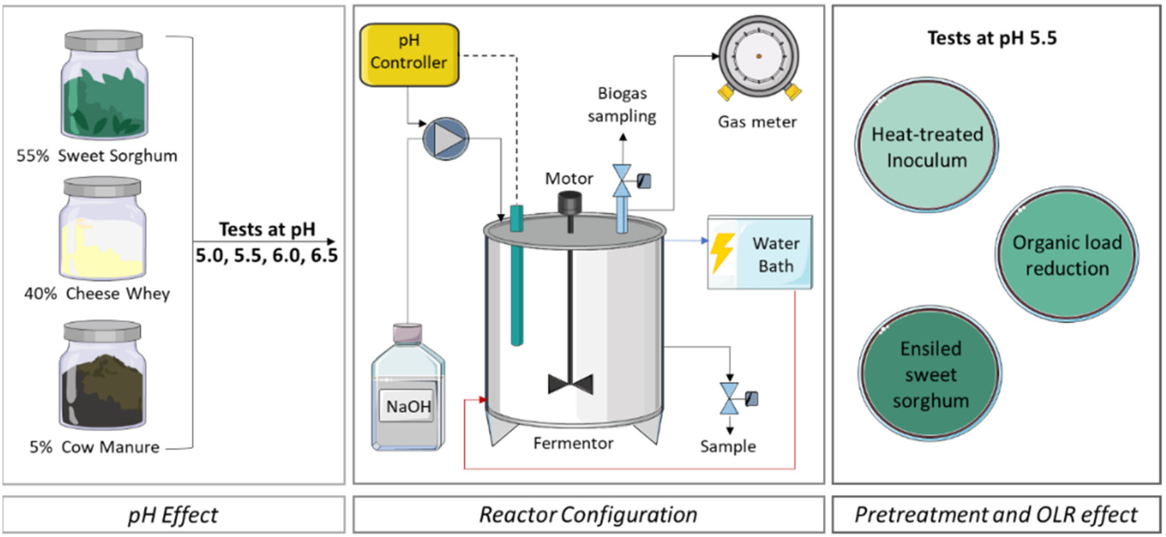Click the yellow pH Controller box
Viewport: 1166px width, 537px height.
(x=409, y=55)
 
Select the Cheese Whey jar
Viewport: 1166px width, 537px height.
(x=102, y=229)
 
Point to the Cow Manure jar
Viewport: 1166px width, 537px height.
(x=102, y=375)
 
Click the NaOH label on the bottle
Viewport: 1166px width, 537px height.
(x=408, y=406)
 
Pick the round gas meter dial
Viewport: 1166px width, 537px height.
(x=759, y=57)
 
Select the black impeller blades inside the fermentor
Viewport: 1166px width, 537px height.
(x=570, y=384)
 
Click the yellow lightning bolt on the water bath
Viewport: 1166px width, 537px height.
(x=722, y=253)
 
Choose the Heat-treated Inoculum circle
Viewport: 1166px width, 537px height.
(x=927, y=145)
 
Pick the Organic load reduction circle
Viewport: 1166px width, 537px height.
(x=1067, y=255)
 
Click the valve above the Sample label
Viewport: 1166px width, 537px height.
(x=729, y=399)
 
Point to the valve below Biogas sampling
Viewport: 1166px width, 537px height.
(x=622, y=181)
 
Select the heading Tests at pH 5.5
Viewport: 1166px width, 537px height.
(x=992, y=38)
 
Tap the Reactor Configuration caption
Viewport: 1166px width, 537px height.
(x=588, y=515)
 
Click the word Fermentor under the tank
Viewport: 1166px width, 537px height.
(x=573, y=444)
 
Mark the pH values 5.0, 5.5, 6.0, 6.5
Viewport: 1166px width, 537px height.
(x=267, y=256)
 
